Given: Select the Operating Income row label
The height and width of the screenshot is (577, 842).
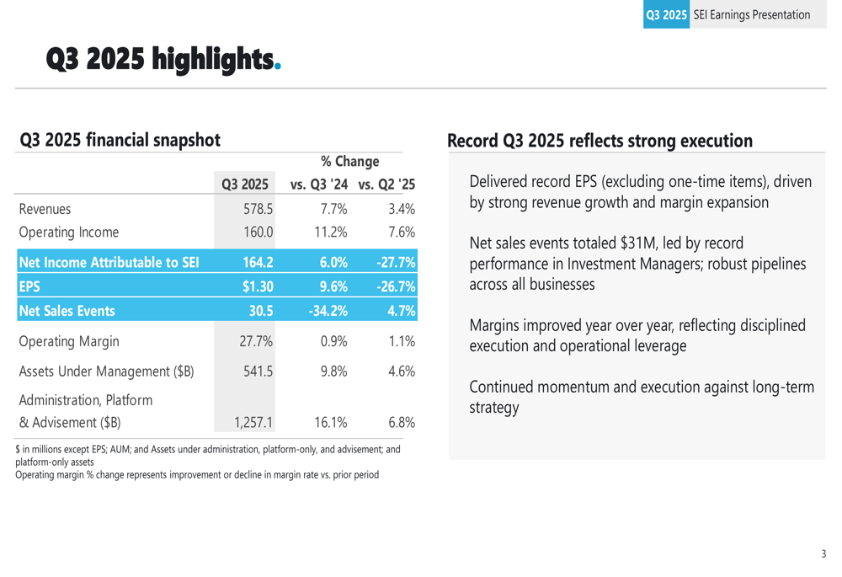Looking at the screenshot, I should [69, 232].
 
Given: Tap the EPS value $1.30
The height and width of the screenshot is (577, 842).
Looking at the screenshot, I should [257, 286].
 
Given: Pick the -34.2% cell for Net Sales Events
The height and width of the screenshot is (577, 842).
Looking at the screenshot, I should [328, 311].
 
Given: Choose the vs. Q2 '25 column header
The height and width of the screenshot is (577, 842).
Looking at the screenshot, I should [386, 184].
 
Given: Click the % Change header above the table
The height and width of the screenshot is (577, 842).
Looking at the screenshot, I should [349, 161].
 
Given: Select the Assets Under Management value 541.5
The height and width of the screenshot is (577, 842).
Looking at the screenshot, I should [256, 371].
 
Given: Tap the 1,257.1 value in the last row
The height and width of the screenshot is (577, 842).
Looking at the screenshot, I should [253, 422].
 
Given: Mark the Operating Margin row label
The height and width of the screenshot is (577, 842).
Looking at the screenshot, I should [69, 342].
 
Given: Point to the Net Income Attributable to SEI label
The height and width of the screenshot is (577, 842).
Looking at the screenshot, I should [109, 262].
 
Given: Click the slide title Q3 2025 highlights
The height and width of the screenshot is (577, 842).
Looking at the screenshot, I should [161, 59].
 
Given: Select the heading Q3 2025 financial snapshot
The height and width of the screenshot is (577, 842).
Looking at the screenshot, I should [120, 139].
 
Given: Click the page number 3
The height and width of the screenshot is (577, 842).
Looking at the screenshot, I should [823, 553].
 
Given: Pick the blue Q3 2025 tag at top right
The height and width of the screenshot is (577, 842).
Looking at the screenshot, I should [666, 14].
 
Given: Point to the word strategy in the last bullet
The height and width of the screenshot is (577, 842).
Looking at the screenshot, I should [493, 408].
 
